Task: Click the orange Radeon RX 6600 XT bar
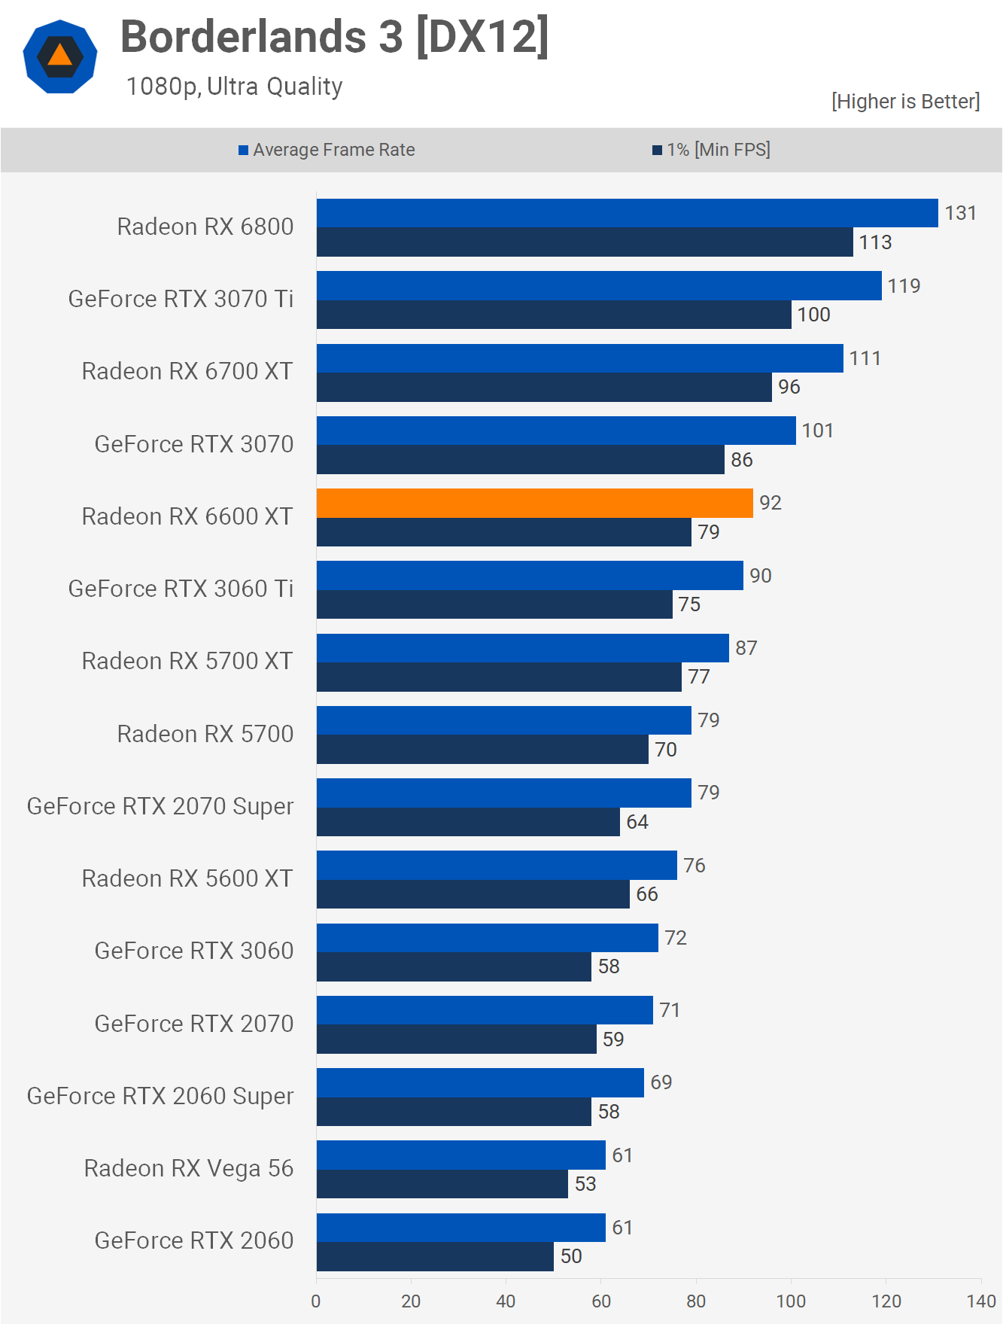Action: [x=534, y=503]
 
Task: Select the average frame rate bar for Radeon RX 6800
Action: [x=627, y=213]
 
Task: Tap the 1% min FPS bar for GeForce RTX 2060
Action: [x=435, y=1256]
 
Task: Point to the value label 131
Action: [x=960, y=213]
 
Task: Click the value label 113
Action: [x=875, y=242]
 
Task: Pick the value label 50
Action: [x=571, y=1256]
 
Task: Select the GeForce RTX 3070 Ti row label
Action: [x=181, y=299]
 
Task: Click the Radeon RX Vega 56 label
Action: [x=188, y=1168]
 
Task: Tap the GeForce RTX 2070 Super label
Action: [x=160, y=806]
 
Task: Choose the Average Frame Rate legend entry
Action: [x=327, y=150]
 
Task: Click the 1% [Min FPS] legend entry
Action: [x=711, y=150]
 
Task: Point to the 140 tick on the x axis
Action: [x=981, y=1301]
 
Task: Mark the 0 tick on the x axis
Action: [x=316, y=1301]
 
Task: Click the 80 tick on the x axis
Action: [x=696, y=1301]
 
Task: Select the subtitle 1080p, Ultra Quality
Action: [x=234, y=87]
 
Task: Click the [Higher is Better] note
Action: [x=905, y=102]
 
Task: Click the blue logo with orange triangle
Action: [x=60, y=56]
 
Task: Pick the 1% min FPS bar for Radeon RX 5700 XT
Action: [x=499, y=677]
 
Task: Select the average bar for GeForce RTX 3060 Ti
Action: [x=530, y=576]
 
